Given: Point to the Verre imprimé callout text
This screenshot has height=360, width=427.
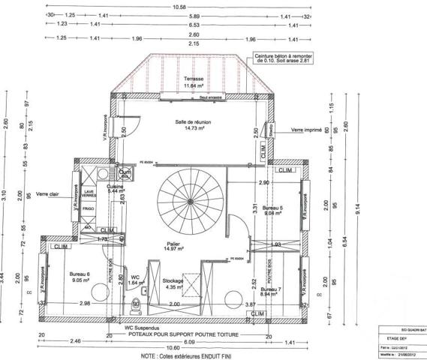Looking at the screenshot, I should (x=308, y=130).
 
